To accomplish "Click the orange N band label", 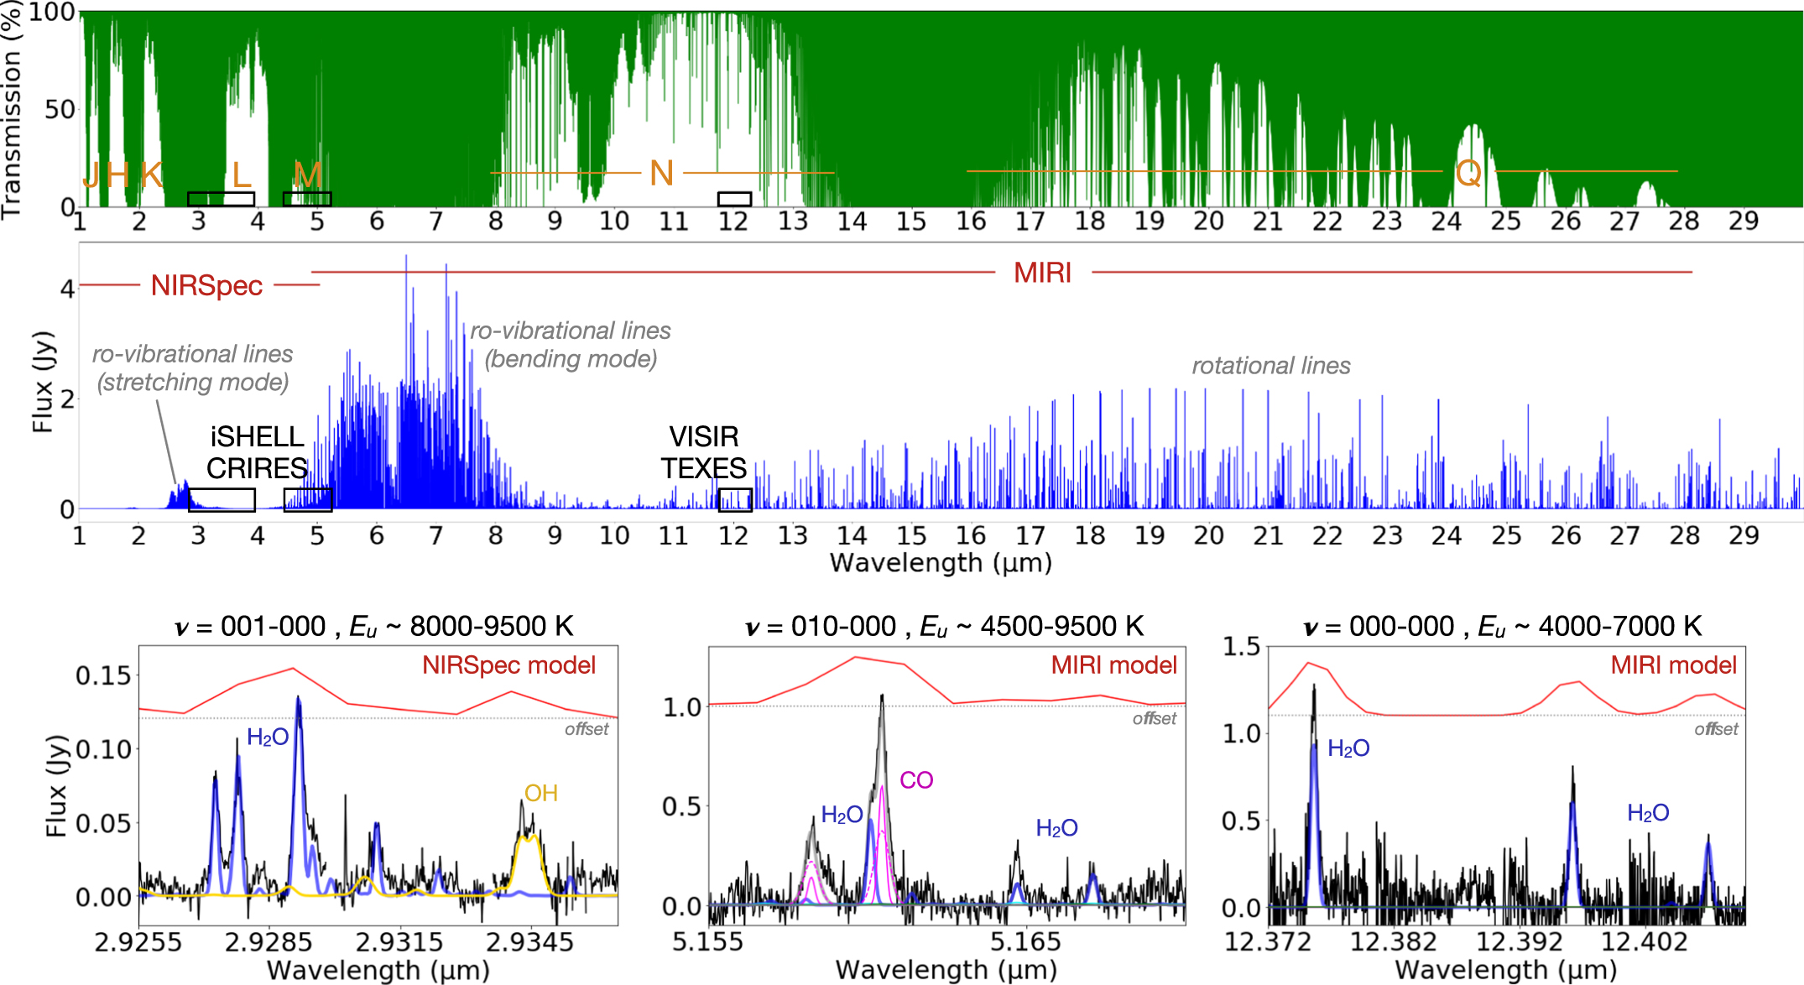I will click(x=662, y=174).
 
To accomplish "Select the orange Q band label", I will click(x=1468, y=174).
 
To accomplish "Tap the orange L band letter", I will click(x=242, y=175).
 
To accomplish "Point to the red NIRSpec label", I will click(x=206, y=286).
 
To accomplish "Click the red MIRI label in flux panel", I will click(x=1042, y=273).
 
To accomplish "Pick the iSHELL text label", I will click(x=257, y=436).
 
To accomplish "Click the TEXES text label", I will click(x=703, y=468).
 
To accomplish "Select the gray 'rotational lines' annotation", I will click(x=1270, y=366).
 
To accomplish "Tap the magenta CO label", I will click(x=916, y=780).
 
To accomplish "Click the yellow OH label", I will click(x=541, y=793).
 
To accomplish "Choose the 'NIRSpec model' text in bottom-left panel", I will click(x=508, y=665).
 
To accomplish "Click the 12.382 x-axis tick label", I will click(x=1393, y=942).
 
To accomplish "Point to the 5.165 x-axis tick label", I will click(x=1025, y=942).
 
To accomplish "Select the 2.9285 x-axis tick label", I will click(x=269, y=942).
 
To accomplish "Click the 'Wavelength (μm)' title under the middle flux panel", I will click(x=941, y=562).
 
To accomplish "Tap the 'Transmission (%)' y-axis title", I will click(x=12, y=109).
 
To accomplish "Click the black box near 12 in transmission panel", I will click(x=734, y=199).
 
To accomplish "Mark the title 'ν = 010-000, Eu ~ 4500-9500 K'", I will click(x=944, y=627).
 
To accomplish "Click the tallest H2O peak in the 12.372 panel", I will click(x=1314, y=688).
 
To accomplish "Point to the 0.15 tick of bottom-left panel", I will click(x=103, y=675).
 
